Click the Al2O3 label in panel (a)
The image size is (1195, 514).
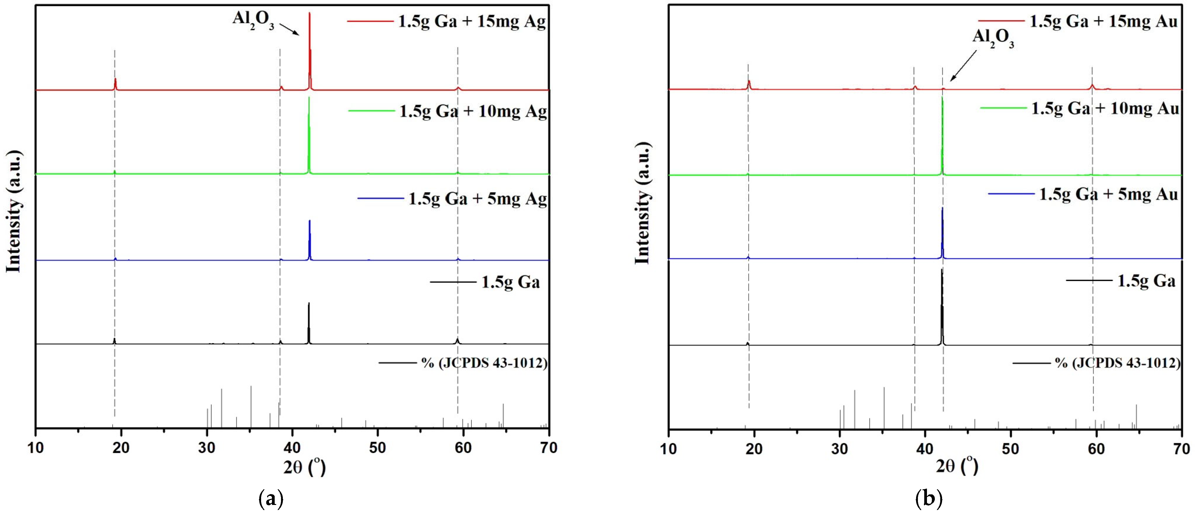pos(253,21)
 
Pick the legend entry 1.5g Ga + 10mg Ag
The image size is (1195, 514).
pos(473,111)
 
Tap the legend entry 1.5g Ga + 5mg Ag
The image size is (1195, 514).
pos(477,199)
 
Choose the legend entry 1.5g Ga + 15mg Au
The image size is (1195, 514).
pos(1104,21)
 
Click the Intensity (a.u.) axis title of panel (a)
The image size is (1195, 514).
pos(14,211)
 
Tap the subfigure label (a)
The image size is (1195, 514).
pos(270,499)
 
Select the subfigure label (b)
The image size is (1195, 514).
pos(929,499)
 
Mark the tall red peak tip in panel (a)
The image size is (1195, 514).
pos(309,14)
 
